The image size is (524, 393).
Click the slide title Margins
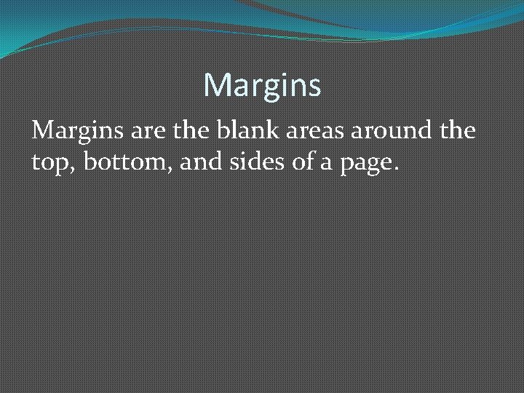tap(262, 86)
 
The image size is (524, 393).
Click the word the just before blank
tap(193, 132)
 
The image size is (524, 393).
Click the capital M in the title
tap(216, 86)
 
